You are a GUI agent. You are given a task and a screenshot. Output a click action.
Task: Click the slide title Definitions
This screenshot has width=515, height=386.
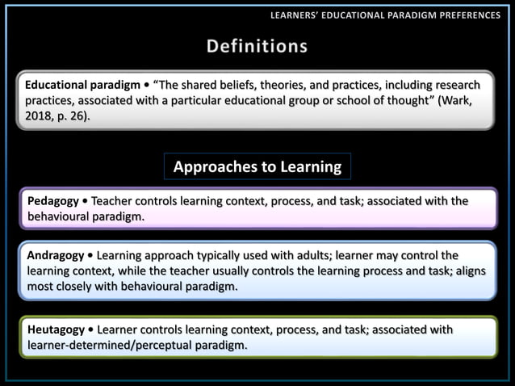(257, 46)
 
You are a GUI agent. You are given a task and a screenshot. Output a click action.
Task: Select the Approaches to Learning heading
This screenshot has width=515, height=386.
(257, 167)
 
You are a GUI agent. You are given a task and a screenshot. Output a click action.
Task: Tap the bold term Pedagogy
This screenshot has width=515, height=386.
(53, 201)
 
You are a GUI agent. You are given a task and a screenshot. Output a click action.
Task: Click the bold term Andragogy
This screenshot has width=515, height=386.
(56, 255)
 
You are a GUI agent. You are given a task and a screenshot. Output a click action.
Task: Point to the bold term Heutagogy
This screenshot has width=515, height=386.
(56, 329)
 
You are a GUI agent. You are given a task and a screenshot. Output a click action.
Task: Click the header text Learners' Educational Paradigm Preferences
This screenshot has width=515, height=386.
(385, 15)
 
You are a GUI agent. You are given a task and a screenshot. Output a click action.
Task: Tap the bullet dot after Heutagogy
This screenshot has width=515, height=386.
(91, 329)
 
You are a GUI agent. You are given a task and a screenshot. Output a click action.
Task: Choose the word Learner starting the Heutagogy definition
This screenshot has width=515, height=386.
(120, 329)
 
